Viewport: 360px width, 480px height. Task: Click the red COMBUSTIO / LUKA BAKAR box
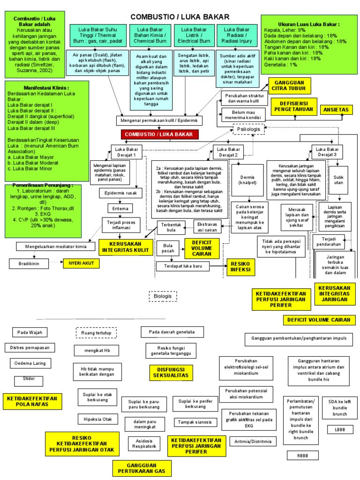point(160,135)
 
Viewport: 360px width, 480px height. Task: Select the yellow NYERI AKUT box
point(82,263)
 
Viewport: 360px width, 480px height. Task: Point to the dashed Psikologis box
point(248,128)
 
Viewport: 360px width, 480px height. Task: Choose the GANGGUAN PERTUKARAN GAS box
point(142,468)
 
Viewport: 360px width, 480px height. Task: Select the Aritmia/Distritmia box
point(253,442)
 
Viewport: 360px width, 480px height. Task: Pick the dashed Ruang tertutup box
point(96,333)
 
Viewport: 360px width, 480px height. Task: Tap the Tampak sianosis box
point(195,422)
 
